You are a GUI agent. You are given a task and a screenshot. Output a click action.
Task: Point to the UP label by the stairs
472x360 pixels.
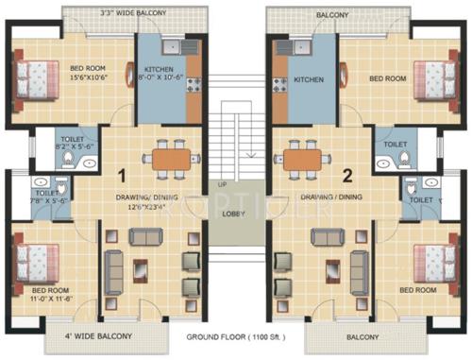pyautogui.click(x=223, y=183)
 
